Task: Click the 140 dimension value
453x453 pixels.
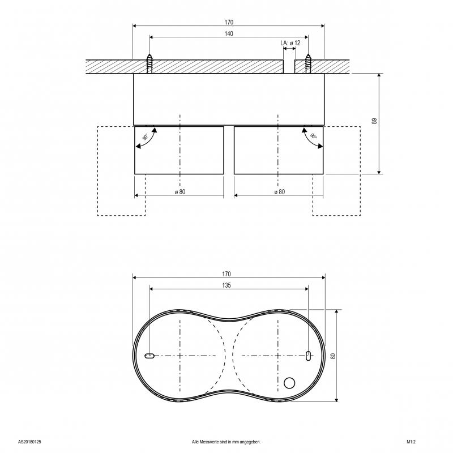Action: tap(229, 33)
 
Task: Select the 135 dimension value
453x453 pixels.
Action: tap(226, 285)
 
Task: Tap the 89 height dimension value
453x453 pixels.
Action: tap(374, 121)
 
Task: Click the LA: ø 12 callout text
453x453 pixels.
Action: tap(290, 43)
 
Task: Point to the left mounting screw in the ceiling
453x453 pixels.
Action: tap(149, 64)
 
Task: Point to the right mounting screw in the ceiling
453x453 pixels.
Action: tap(308, 64)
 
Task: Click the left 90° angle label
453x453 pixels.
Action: tap(146, 137)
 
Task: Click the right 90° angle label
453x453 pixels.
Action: tap(314, 136)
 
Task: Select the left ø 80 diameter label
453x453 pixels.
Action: tap(180, 191)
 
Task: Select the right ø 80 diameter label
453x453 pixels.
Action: tap(279, 191)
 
